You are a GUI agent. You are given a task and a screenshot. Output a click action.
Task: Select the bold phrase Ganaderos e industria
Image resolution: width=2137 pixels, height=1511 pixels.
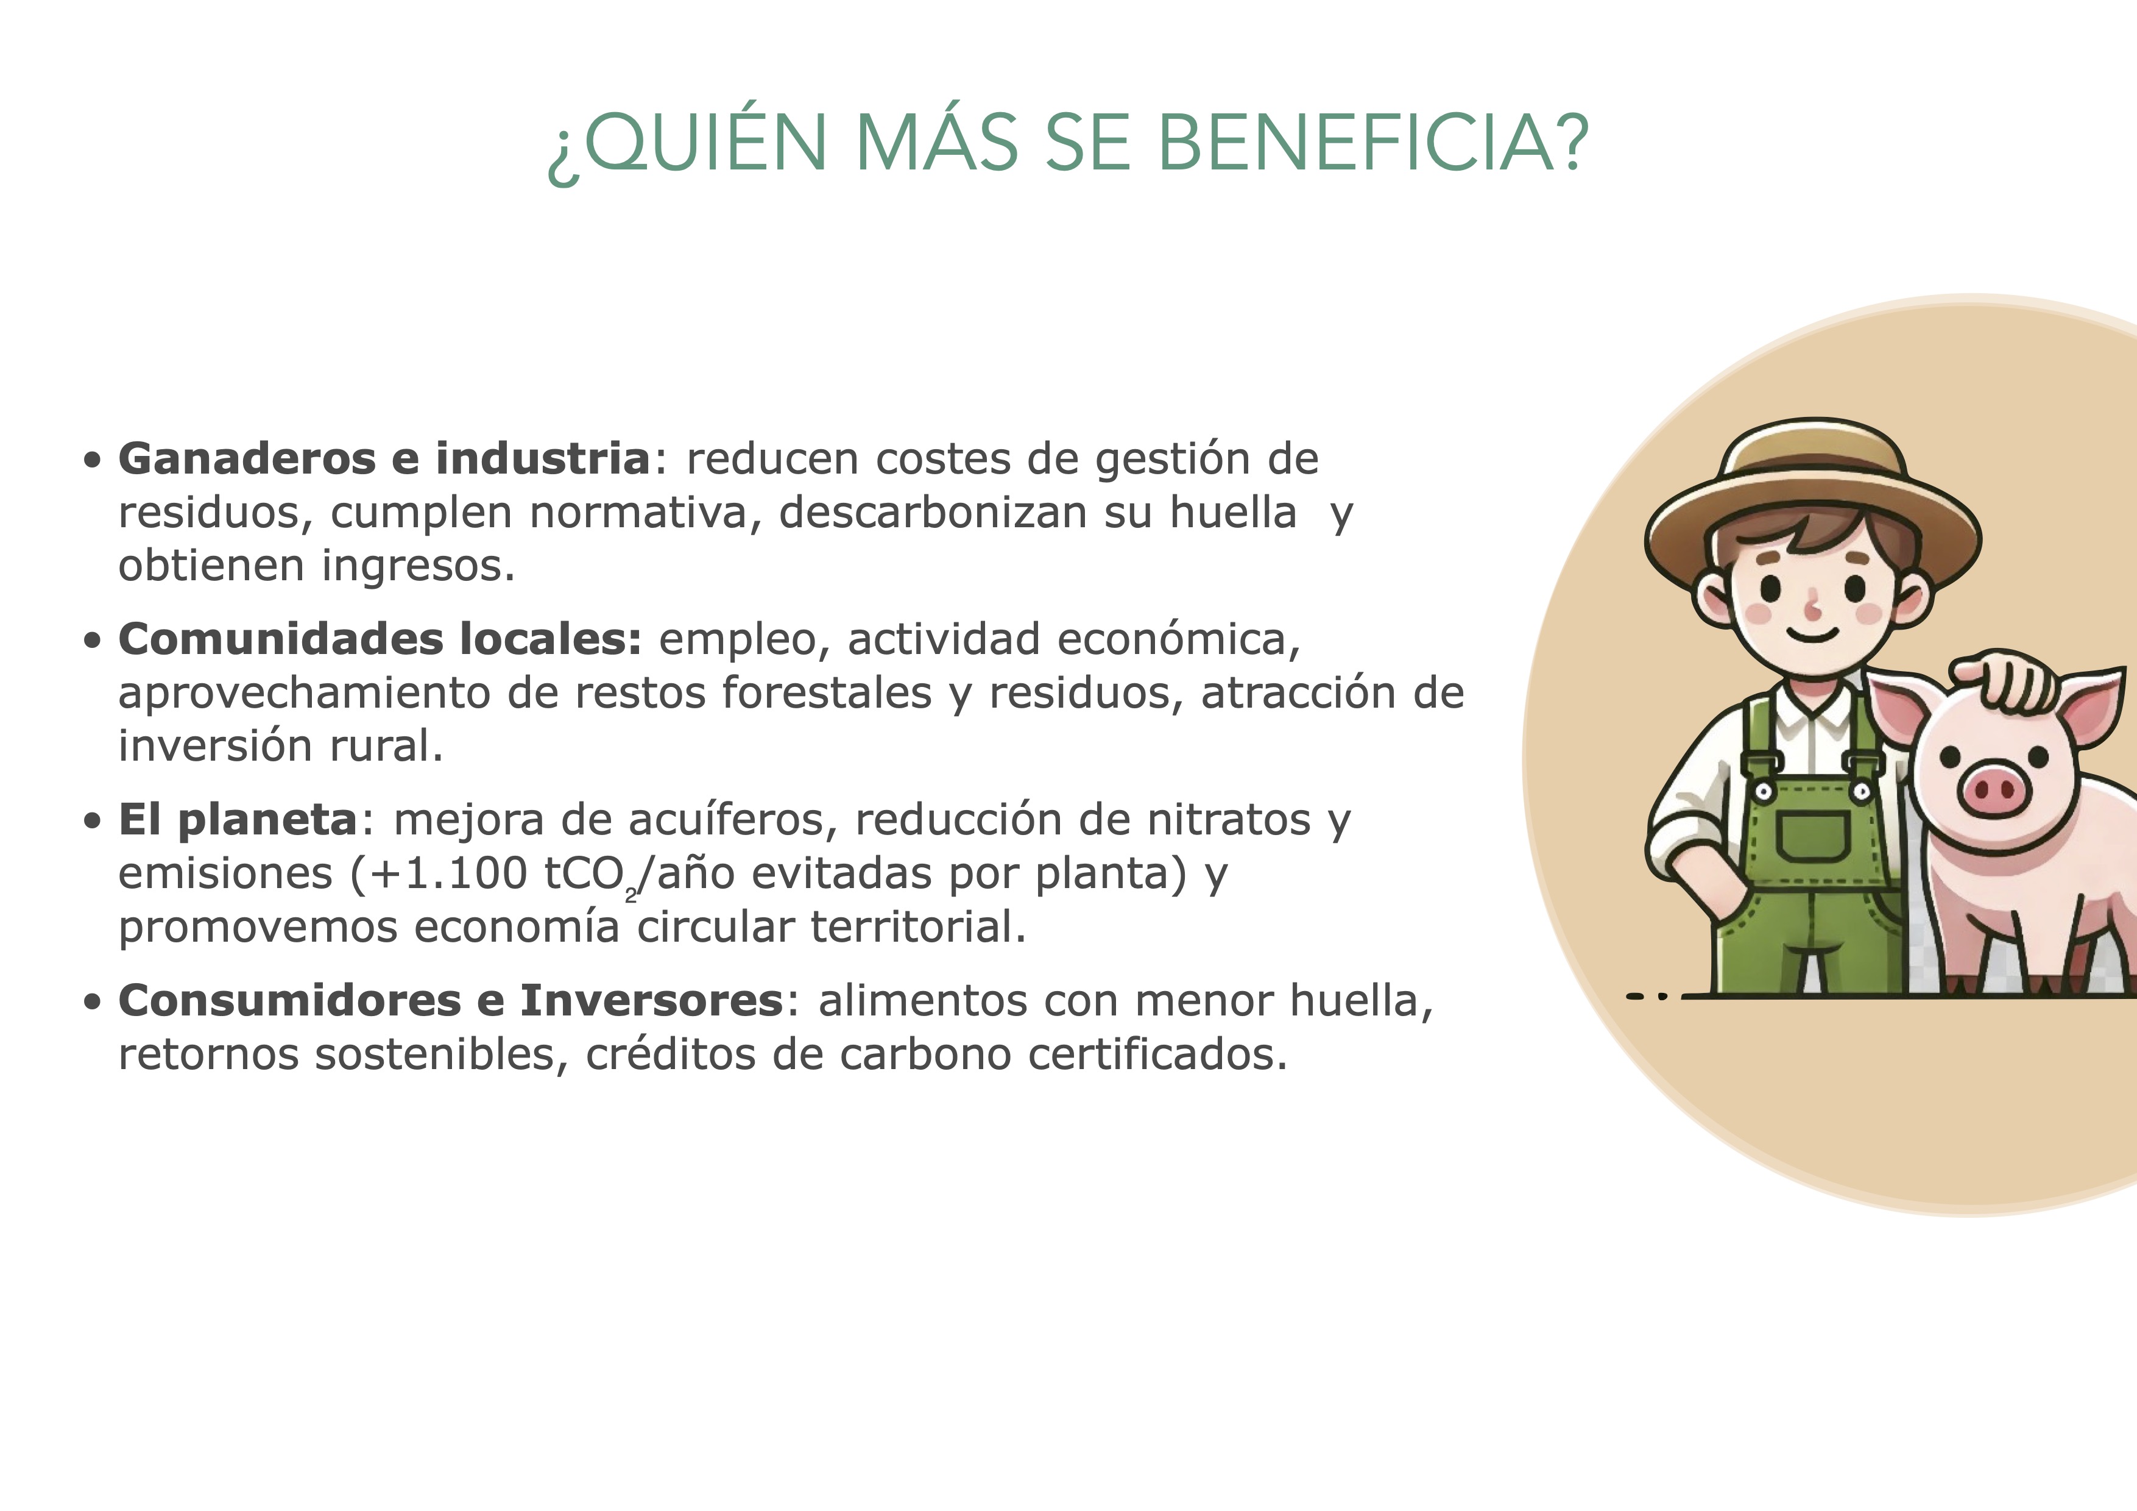click(x=383, y=458)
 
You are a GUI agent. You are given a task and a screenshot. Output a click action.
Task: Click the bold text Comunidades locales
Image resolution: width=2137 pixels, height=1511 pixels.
click(x=380, y=639)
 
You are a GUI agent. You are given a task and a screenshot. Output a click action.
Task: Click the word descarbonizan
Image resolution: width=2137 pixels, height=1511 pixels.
click(x=933, y=512)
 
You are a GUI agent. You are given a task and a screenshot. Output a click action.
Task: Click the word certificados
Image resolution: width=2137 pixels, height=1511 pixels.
click(x=1158, y=1055)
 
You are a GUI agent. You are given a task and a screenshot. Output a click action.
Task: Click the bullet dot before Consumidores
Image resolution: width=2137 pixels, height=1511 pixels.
click(x=92, y=1002)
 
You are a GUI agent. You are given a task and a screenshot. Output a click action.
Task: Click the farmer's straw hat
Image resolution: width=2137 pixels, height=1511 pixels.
click(x=1812, y=503)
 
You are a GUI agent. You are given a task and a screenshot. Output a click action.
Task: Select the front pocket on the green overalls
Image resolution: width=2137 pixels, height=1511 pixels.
click(x=1812, y=835)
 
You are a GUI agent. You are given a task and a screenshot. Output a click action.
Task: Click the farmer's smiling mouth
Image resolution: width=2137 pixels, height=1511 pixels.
click(x=1812, y=635)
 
